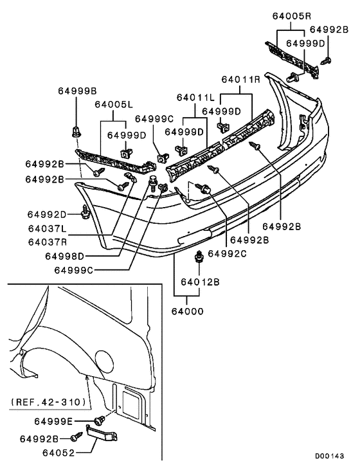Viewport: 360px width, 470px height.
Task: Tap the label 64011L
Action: point(195,98)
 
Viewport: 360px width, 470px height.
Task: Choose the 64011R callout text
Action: point(240,80)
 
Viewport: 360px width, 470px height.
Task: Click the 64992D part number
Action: point(47,213)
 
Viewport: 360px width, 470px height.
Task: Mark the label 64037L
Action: point(47,229)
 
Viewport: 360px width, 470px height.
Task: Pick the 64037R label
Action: point(47,242)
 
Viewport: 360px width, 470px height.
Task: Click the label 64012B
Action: point(200,282)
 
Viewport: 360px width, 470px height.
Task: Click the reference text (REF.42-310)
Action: point(48,402)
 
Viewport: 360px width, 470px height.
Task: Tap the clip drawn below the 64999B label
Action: point(76,134)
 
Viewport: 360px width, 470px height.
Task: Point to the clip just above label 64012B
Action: point(200,258)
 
